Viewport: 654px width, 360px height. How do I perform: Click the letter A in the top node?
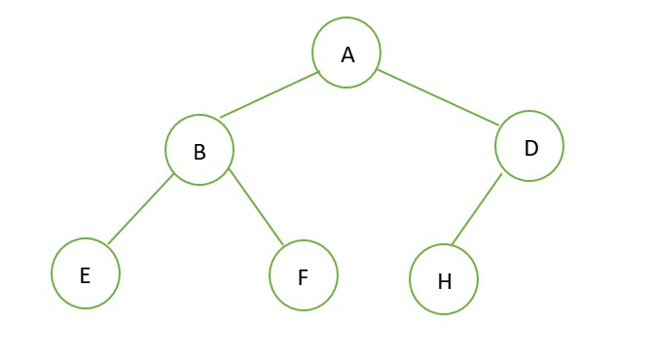click(347, 55)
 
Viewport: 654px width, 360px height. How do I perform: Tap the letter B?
click(200, 152)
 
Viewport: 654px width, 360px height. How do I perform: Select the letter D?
click(531, 148)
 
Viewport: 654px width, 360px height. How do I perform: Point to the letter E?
click(85, 275)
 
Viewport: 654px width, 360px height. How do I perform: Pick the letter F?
click(303, 277)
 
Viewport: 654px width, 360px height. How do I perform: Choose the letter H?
click(445, 281)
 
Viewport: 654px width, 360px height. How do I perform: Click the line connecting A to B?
click(270, 94)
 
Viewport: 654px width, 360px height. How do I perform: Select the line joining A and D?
click(438, 97)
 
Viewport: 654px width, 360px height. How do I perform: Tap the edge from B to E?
click(140, 209)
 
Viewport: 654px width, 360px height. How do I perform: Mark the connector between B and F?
click(256, 206)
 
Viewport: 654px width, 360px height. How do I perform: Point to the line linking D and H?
click(477, 209)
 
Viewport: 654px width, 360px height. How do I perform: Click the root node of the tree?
click(346, 53)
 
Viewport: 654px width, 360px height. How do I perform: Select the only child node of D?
click(444, 279)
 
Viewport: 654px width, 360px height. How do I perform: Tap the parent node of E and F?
click(200, 150)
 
